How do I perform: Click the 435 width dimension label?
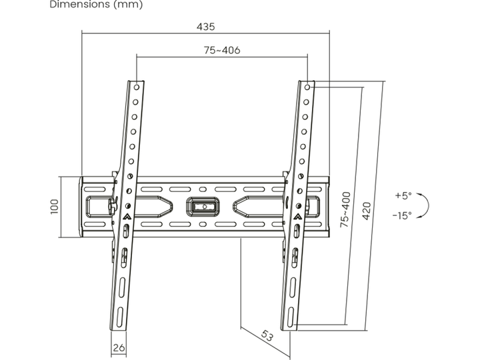pyautogui.click(x=206, y=27)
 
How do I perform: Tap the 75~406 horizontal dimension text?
pyautogui.click(x=222, y=50)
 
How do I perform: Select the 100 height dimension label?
pyautogui.click(x=55, y=207)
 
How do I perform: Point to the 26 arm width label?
pyautogui.click(x=119, y=347)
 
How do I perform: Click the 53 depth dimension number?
pyautogui.click(x=267, y=336)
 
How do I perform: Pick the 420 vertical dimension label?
pyautogui.click(x=367, y=211)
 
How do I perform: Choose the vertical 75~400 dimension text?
pyautogui.click(x=345, y=209)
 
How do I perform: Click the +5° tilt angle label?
pyautogui.click(x=403, y=195)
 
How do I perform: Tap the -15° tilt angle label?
pyautogui.click(x=402, y=215)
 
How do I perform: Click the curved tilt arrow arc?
pyautogui.click(x=429, y=206)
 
